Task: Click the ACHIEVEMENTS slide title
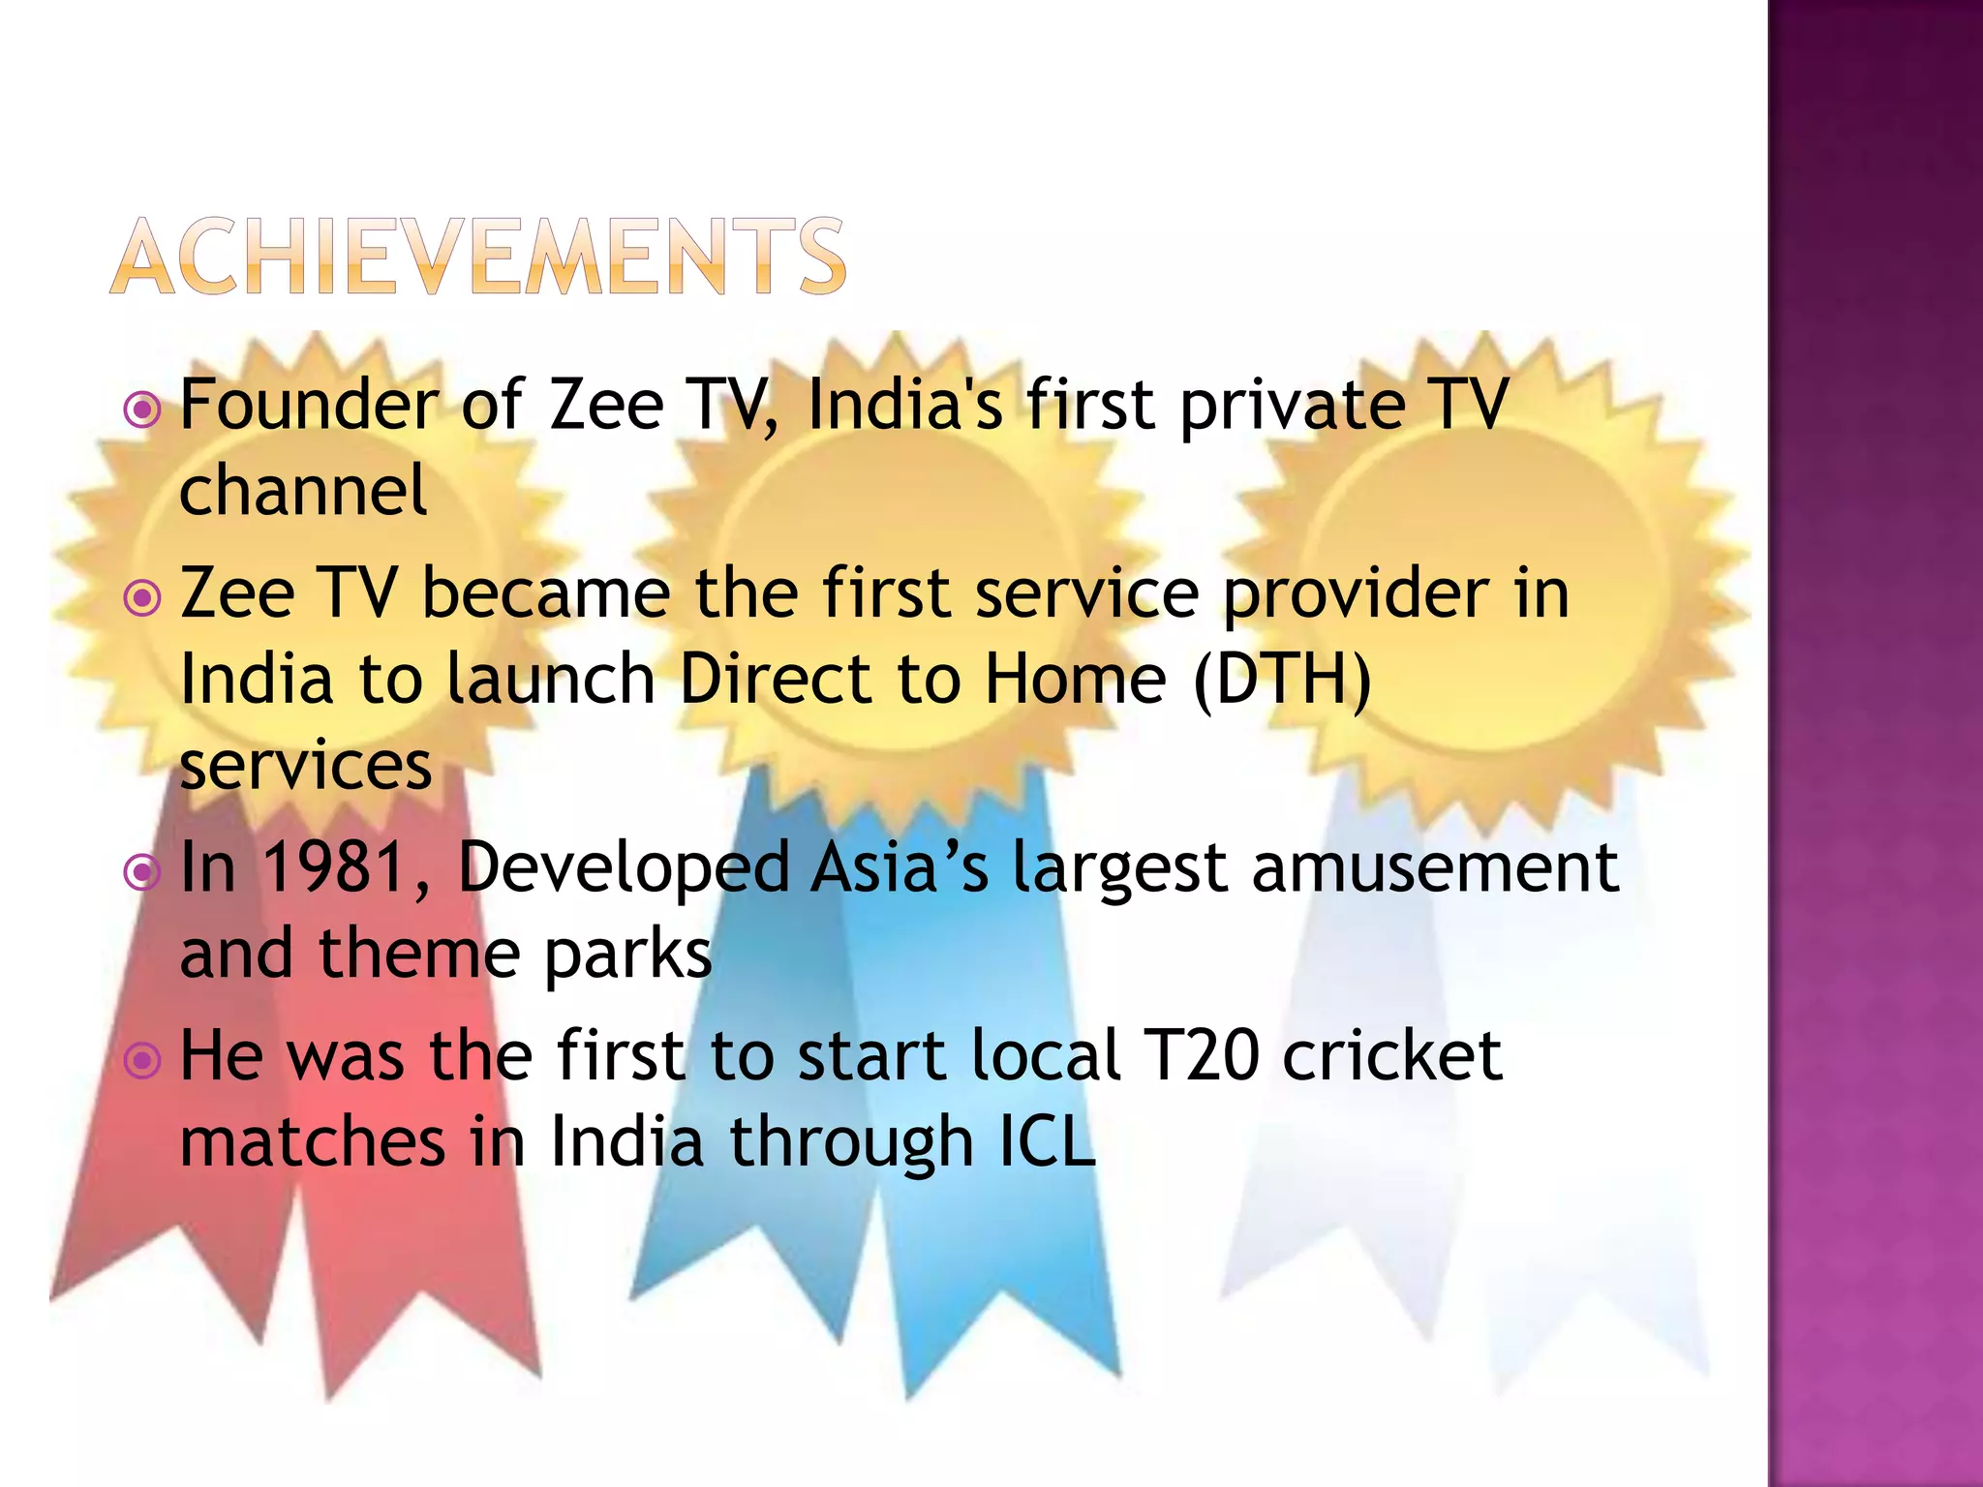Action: click(x=478, y=256)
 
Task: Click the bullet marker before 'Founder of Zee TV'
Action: click(x=143, y=411)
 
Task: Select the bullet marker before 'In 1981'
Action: click(x=143, y=873)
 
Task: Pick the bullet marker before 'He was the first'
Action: click(x=143, y=1061)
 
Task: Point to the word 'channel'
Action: click(x=303, y=490)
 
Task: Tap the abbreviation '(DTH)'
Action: click(x=1283, y=680)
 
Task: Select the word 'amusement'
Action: click(x=1435, y=866)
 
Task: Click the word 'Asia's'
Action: click(x=900, y=866)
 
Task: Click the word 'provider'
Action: click(x=1357, y=595)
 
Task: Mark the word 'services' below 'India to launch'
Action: click(x=306, y=767)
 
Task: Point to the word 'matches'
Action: click(x=313, y=1141)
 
